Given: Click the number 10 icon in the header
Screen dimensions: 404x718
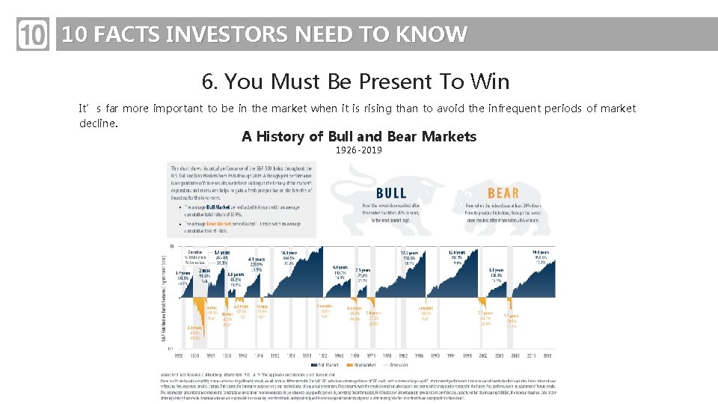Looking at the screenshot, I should click(x=32, y=35).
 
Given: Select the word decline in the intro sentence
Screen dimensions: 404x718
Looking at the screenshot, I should click(x=97, y=123).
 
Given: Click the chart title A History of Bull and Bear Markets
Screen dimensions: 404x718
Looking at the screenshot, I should click(x=359, y=136).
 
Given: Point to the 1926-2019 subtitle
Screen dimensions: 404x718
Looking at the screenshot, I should click(x=359, y=150).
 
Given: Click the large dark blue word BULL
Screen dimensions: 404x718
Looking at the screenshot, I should click(x=391, y=192).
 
